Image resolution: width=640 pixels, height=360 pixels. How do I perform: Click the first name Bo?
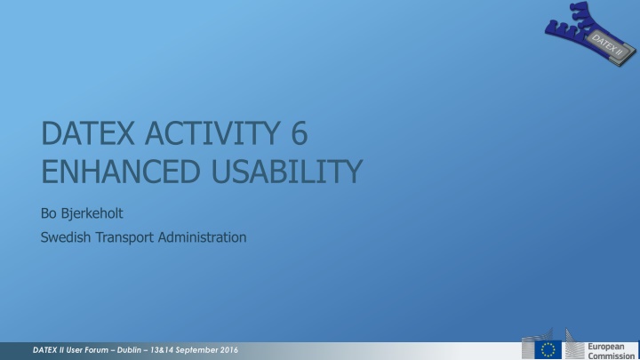51,213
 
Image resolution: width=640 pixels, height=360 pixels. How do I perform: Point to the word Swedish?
67,237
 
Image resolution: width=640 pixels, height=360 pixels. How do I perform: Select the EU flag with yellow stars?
548,348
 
